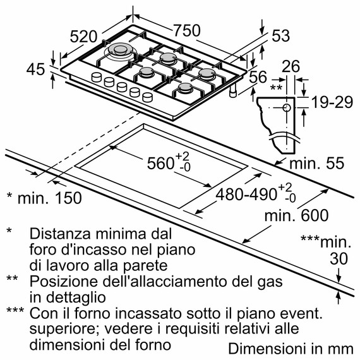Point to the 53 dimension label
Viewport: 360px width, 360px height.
pyautogui.click(x=283, y=37)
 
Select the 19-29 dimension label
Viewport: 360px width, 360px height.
pyautogui.click(x=331, y=102)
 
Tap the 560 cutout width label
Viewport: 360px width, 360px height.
pyautogui.click(x=159, y=162)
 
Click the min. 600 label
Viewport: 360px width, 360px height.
pyautogui.click(x=296, y=215)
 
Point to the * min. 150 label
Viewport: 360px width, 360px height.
pyautogui.click(x=44, y=198)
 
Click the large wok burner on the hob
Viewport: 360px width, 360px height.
pyautogui.click(x=120, y=51)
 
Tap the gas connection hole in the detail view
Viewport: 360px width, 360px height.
pyautogui.click(x=287, y=108)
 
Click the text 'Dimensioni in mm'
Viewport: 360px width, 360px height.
pyautogui.click(x=289, y=348)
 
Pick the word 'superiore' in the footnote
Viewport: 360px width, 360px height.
pyautogui.click(x=58, y=329)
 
